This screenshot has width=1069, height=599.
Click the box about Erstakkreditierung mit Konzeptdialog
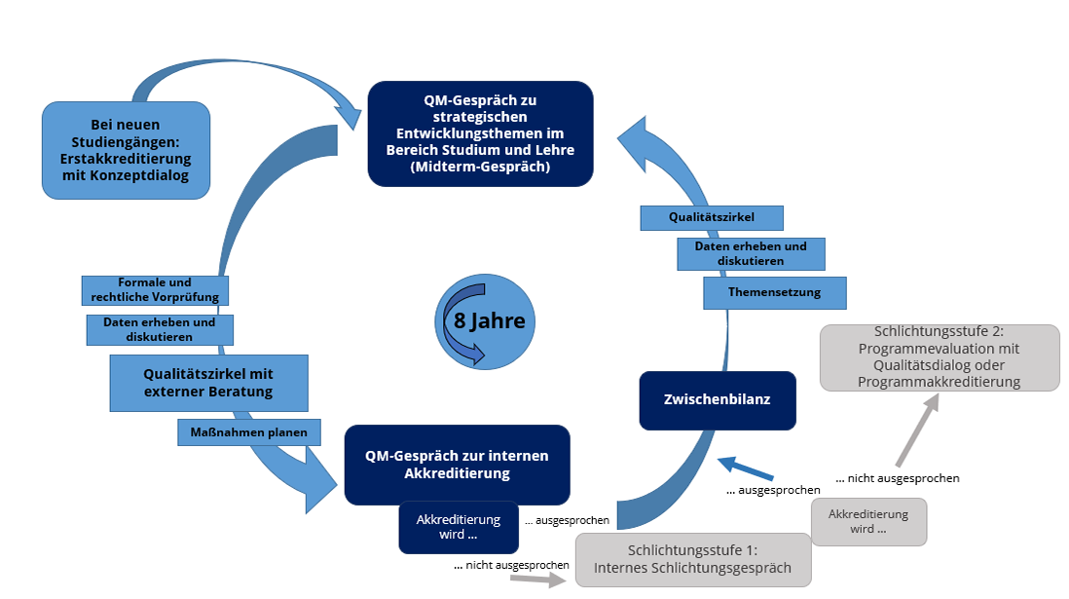coord(126,150)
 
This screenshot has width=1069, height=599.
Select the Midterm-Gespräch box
coord(480,133)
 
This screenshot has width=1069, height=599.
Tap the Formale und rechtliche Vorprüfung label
coord(154,289)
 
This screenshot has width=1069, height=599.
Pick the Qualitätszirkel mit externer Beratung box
coord(208,383)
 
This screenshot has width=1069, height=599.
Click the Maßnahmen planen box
coord(249,432)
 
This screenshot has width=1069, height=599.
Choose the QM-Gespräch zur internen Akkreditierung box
coord(457,465)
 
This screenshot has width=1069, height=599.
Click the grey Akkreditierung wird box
coord(867,521)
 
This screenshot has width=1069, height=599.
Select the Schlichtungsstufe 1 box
coord(692,560)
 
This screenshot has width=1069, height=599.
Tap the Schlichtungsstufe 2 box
coord(940,357)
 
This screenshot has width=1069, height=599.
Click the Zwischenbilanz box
coord(717,399)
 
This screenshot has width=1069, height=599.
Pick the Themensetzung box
coord(774,292)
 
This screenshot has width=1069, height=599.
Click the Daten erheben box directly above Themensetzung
coord(751,253)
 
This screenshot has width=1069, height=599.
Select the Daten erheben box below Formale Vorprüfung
coord(160,329)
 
